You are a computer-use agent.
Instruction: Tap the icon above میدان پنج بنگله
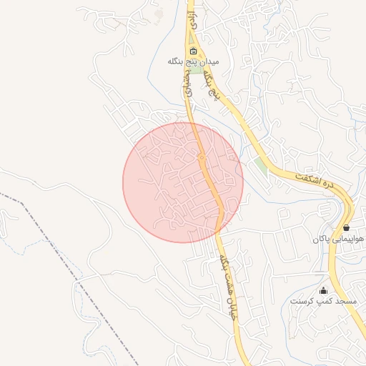[x=193, y=51]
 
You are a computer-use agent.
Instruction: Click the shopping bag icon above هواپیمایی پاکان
[x=347, y=227]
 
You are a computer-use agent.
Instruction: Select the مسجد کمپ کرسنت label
[x=323, y=302]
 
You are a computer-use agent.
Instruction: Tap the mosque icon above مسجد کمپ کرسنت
[x=322, y=290]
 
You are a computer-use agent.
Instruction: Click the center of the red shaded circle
[x=183, y=182]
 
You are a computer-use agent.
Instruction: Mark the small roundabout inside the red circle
[x=202, y=157]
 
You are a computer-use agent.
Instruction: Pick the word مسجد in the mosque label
[x=345, y=302]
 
